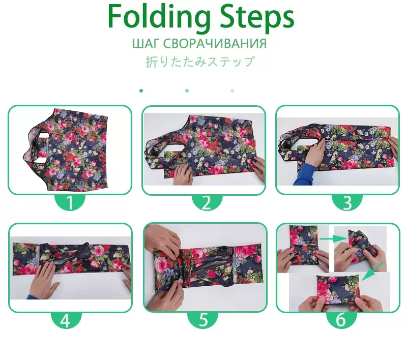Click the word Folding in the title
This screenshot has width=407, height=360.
(159, 17)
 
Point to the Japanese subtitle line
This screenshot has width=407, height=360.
(200, 62)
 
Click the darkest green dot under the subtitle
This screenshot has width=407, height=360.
(141, 91)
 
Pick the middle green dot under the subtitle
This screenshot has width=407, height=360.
(187, 91)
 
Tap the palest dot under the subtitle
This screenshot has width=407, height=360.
(232, 91)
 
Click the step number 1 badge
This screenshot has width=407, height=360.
(70, 202)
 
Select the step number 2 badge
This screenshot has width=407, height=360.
(207, 202)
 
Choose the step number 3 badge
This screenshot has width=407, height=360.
(347, 202)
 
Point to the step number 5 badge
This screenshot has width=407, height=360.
(203, 320)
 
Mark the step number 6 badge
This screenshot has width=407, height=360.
(341, 320)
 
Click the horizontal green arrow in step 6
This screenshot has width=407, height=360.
(334, 238)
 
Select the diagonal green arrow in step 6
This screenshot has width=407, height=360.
(372, 272)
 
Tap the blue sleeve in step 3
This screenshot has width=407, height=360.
(304, 174)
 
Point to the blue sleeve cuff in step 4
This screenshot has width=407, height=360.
(28, 297)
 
